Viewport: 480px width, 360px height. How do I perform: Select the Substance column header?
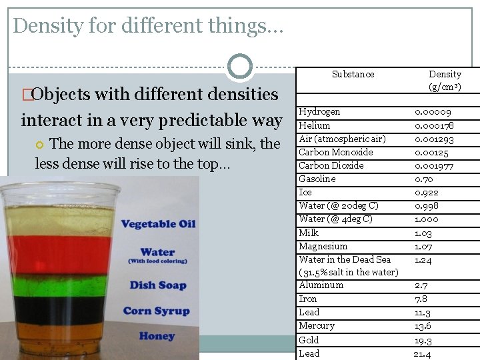tap(353, 75)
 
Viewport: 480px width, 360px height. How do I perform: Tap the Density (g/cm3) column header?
tap(445, 81)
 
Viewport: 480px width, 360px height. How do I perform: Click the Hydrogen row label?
tap(319, 112)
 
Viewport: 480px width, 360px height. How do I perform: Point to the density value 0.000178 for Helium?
tap(434, 125)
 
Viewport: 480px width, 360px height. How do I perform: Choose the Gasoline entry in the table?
tap(317, 179)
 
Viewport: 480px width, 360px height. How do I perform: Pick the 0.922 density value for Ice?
tap(427, 193)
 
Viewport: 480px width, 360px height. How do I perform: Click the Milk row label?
tap(309, 233)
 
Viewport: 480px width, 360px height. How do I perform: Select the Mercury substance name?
tap(317, 326)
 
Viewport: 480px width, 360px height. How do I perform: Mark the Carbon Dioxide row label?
tap(331, 165)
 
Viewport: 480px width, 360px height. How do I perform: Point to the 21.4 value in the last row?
tap(423, 354)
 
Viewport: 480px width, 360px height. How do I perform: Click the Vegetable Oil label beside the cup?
tap(158, 224)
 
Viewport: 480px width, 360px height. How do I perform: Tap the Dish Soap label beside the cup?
tap(158, 285)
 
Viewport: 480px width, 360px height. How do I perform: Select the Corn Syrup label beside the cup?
tap(156, 311)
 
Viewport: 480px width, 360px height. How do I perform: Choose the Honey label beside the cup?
tap(157, 336)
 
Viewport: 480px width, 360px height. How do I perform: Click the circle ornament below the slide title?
tap(240, 67)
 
